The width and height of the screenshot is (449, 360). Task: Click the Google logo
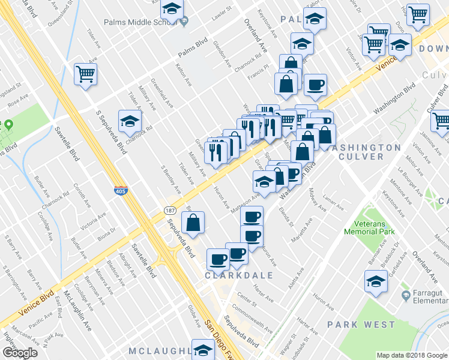pos(20,353)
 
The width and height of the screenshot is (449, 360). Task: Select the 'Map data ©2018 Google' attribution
pos(412,355)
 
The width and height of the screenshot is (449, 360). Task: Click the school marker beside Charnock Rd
pos(130,122)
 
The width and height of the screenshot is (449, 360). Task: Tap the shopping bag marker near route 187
pos(193,223)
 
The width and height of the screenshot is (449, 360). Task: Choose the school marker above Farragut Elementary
pos(376,281)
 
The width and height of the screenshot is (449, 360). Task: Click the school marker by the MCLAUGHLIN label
pos(203,350)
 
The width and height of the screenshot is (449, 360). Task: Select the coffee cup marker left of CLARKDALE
pos(217,259)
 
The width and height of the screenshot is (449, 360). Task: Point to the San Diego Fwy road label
pos(214,329)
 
